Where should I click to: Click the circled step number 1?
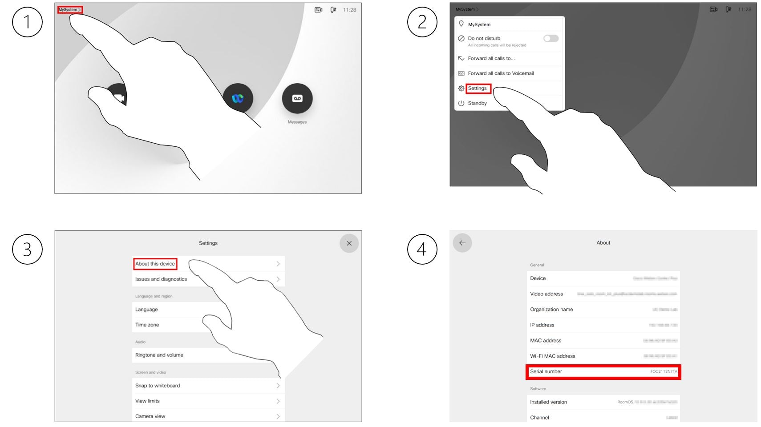tap(27, 22)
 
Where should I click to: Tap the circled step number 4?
tap(422, 249)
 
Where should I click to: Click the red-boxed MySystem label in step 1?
tap(69, 9)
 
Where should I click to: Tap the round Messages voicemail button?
tap(297, 98)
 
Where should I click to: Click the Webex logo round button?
tap(238, 98)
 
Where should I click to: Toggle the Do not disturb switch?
tap(551, 39)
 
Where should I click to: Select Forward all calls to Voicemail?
tap(500, 73)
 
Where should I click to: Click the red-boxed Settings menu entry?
tap(478, 89)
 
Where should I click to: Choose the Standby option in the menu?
tap(477, 103)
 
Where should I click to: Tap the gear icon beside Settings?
tap(461, 89)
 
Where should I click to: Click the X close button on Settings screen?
tap(349, 243)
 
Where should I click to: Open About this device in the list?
tap(155, 264)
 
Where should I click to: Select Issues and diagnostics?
tap(161, 279)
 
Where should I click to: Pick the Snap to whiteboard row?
tap(158, 386)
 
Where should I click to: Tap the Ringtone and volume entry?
tap(159, 355)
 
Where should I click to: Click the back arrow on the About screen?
tap(462, 243)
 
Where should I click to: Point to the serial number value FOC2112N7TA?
tap(663, 371)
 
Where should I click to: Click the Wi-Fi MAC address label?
tap(552, 356)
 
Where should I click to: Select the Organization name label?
tap(551, 310)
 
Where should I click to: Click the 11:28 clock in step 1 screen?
tap(349, 10)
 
